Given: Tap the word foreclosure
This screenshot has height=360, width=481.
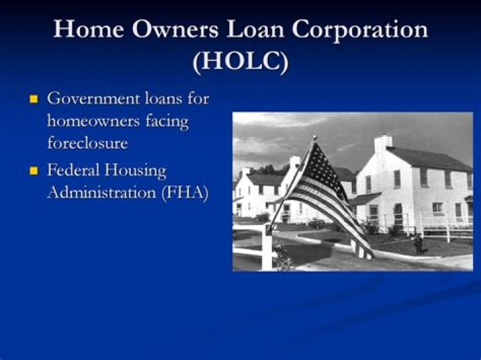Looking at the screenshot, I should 87,144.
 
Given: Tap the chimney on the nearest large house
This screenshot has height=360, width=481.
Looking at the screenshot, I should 382,142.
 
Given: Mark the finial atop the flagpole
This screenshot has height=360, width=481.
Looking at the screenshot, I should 314,138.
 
